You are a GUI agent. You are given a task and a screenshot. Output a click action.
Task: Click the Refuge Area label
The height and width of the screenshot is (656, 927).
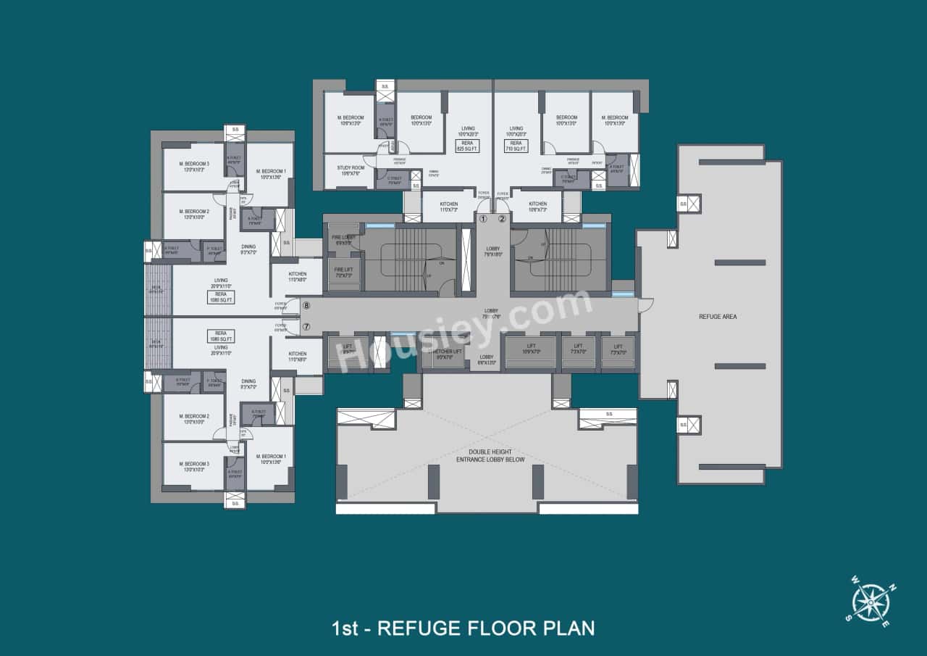click(x=718, y=317)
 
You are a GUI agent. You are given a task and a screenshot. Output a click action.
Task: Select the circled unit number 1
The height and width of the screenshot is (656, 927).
click(x=483, y=218)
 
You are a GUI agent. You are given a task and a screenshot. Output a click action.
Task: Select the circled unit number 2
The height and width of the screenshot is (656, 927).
click(x=502, y=218)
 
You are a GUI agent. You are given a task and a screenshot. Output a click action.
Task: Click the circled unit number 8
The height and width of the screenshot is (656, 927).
click(x=306, y=307)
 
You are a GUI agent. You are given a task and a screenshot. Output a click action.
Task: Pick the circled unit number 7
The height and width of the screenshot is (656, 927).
click(x=306, y=327)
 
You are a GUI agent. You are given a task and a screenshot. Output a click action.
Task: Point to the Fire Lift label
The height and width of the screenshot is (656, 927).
click(x=343, y=271)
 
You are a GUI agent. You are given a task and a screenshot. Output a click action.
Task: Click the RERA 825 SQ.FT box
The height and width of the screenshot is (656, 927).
click(x=467, y=146)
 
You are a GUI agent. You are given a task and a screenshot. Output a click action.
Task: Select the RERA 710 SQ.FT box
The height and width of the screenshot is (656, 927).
click(x=516, y=146)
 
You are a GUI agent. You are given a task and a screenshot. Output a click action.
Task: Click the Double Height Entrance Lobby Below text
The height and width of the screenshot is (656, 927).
click(x=486, y=456)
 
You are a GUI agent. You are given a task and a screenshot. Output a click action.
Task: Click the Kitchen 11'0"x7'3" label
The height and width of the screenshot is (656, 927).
click(x=449, y=207)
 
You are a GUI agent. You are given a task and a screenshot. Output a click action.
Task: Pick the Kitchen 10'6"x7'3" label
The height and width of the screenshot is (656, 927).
click(x=537, y=207)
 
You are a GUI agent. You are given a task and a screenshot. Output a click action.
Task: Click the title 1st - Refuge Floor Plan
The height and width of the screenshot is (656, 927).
click(x=463, y=627)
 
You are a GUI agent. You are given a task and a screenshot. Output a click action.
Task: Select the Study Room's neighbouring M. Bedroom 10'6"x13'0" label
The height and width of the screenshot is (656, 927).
click(x=350, y=120)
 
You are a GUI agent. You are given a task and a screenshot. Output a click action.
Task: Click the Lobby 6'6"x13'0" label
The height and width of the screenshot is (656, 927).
click(x=486, y=360)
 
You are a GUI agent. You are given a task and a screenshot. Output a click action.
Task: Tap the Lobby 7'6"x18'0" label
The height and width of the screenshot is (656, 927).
click(x=492, y=252)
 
